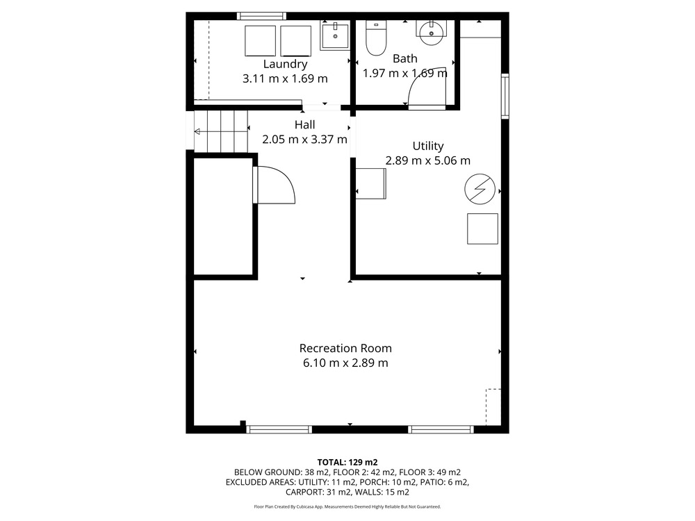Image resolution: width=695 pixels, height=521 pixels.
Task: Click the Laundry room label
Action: (285, 64)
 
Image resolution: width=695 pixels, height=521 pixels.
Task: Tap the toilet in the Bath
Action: (376, 38)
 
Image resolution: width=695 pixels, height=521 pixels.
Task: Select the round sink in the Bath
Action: (432, 33)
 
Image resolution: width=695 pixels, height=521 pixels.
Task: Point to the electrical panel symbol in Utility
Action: (480, 189)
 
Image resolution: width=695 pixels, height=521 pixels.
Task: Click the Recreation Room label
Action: (345, 348)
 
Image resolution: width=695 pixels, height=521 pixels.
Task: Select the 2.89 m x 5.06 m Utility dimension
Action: (427, 160)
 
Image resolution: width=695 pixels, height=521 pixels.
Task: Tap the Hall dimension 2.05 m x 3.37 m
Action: (304, 140)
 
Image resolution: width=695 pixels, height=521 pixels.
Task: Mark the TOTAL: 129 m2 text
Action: (347, 463)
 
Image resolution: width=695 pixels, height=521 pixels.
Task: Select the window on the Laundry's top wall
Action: (261, 17)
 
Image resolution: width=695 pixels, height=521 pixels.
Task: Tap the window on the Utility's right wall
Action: (505, 96)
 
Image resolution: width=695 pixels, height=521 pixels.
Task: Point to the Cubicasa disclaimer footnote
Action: (347, 506)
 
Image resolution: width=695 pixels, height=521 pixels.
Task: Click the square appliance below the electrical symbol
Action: (482, 229)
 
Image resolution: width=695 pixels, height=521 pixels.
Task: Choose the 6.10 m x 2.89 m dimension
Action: (345, 363)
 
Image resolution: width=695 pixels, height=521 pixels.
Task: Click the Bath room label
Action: (404, 58)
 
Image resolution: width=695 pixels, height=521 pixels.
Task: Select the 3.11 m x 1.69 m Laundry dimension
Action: (285, 78)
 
